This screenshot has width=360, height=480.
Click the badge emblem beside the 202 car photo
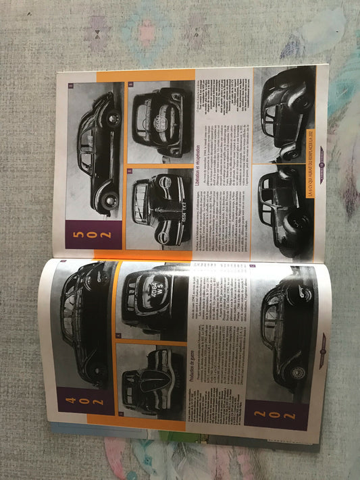[x=323, y=341]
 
